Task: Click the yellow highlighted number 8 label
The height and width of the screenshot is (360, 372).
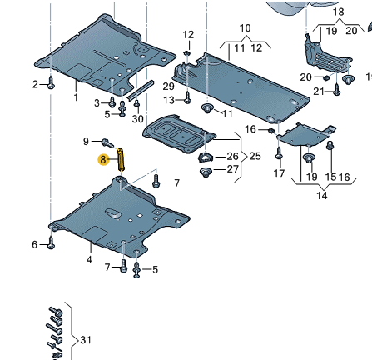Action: click(x=103, y=159)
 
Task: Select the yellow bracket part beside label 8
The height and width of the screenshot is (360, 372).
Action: click(x=121, y=159)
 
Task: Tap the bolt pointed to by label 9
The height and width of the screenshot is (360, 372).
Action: click(x=107, y=142)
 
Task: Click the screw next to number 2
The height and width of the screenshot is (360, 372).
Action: click(x=51, y=83)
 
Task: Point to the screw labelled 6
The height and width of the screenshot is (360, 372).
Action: click(x=51, y=242)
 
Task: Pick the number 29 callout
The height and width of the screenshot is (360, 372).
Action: click(x=168, y=87)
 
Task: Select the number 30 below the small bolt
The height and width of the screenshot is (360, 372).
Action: click(x=137, y=119)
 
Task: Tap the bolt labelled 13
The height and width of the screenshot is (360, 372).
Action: click(x=187, y=97)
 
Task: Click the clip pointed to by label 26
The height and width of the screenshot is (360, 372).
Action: click(x=205, y=157)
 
